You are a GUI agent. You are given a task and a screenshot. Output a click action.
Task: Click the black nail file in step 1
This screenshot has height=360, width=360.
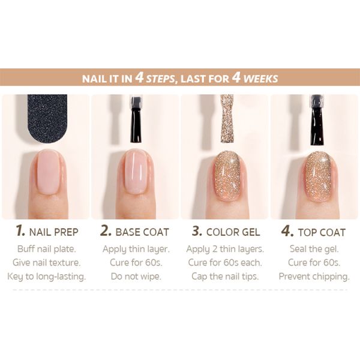47,118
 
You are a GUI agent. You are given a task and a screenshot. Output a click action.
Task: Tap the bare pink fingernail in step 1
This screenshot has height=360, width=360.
48,172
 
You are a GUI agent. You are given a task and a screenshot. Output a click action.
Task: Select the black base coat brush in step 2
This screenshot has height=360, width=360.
136,119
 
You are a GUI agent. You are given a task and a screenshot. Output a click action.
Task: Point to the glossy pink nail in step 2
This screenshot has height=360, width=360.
136,172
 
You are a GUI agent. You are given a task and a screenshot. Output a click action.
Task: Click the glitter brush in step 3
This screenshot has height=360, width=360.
227,118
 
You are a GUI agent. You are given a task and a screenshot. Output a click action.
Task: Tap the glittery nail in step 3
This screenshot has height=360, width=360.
227,176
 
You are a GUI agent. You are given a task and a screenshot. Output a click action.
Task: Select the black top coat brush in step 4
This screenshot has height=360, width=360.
317,120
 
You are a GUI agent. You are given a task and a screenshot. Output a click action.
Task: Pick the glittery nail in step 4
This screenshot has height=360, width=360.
319,176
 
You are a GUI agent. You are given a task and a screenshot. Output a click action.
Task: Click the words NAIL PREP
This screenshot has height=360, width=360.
54,232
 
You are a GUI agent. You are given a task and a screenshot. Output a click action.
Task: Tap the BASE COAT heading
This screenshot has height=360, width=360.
142,232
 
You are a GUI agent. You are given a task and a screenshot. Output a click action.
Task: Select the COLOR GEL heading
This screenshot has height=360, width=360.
233,232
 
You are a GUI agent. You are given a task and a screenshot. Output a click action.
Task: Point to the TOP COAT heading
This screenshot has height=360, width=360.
322,232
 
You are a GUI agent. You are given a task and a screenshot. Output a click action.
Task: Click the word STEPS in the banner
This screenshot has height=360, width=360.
160,79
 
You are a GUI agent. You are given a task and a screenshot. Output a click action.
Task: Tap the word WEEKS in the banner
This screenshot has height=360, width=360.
260,79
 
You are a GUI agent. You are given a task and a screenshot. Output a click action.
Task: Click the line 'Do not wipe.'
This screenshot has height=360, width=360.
136,276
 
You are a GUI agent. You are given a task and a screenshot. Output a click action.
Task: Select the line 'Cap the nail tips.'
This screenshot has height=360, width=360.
225,277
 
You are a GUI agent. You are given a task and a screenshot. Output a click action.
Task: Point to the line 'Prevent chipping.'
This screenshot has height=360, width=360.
314,277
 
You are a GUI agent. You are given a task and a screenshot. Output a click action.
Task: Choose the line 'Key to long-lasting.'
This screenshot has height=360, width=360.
47,277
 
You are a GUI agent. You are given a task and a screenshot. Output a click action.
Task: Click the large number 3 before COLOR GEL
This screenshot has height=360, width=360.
197,231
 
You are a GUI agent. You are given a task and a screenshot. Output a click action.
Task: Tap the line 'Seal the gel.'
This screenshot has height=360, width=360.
314,249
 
